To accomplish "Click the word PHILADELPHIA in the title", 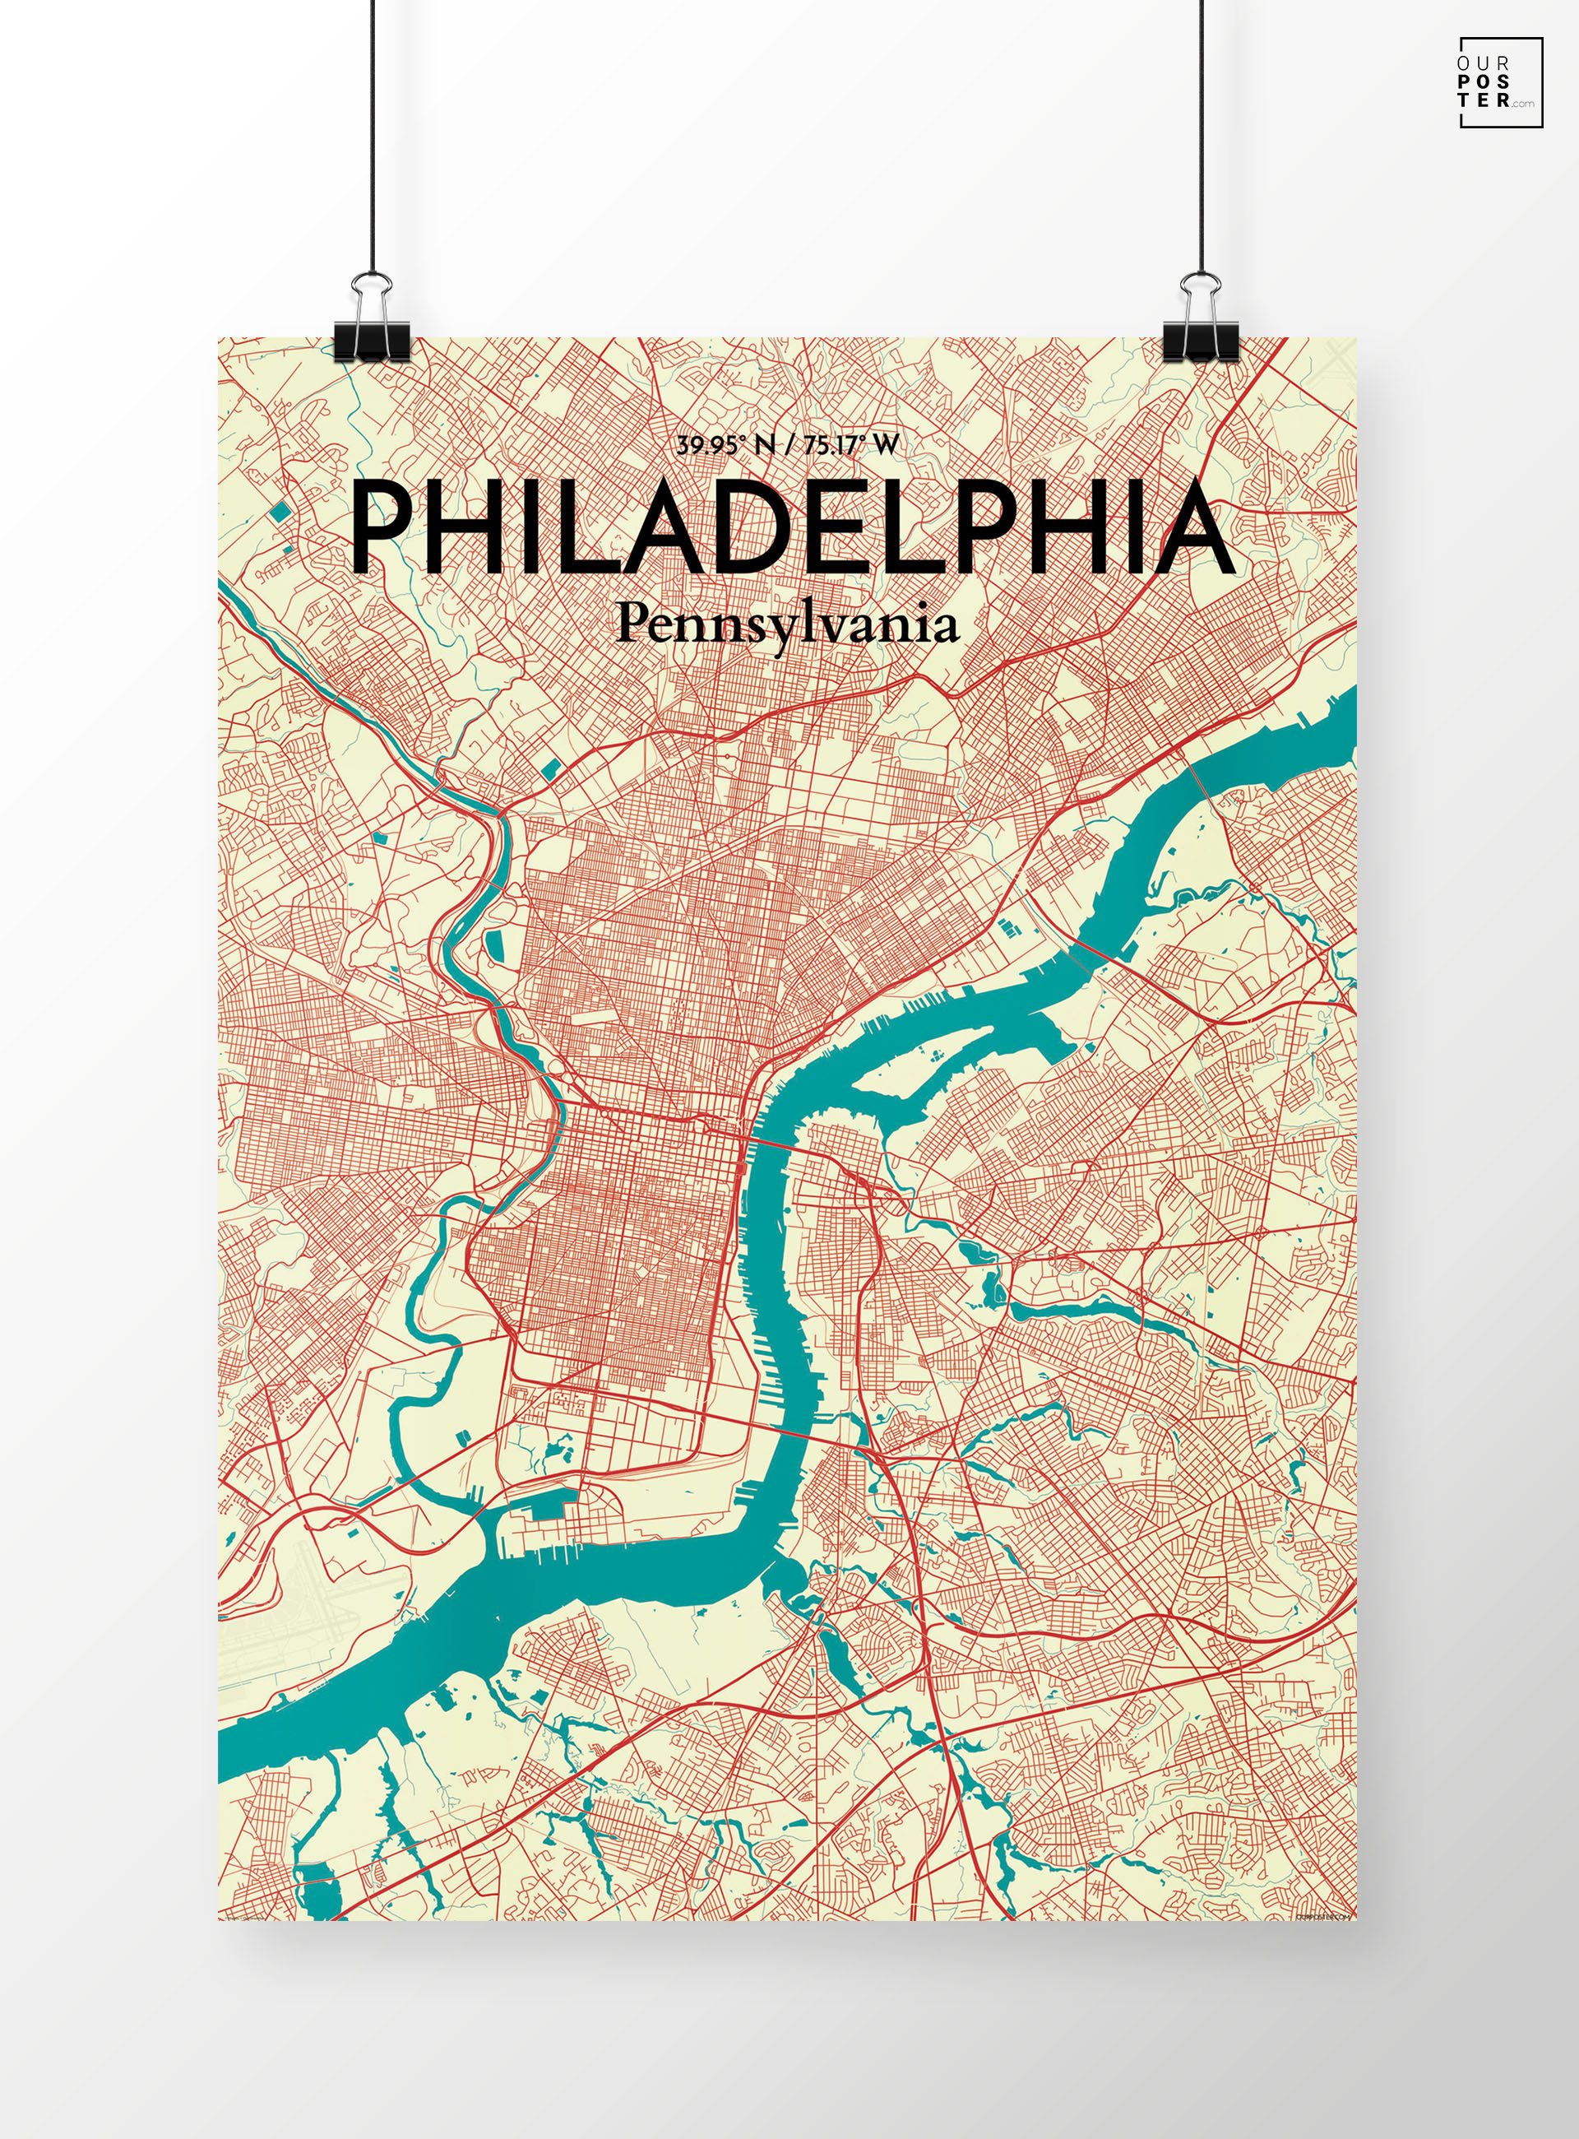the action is click(x=791, y=528).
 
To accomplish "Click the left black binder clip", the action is click(x=372, y=340).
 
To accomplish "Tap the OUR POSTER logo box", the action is click(x=1500, y=82).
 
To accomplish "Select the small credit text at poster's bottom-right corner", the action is click(x=1326, y=1915).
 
